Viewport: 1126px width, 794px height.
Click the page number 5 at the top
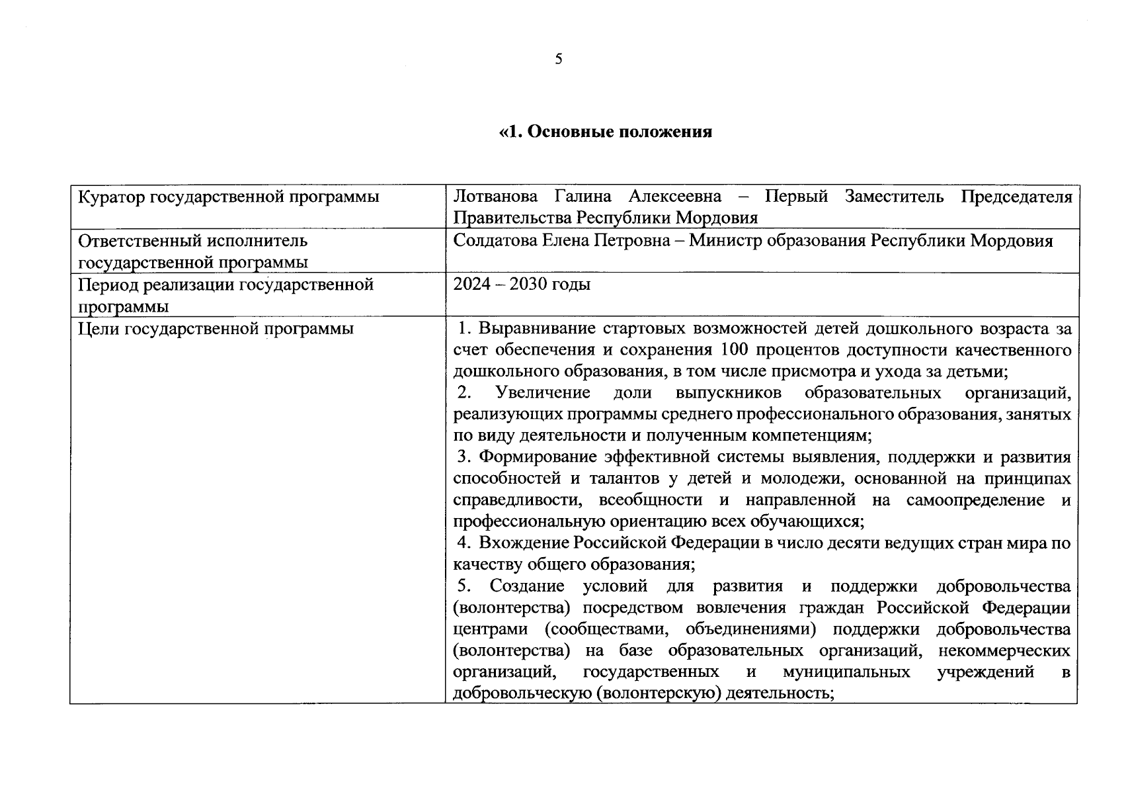559,60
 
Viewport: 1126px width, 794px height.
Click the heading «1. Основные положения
606,132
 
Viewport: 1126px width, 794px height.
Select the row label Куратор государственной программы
229,197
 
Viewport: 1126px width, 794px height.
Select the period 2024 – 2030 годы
522,285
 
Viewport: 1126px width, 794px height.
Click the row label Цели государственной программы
216,329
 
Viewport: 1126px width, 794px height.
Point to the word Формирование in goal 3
535,457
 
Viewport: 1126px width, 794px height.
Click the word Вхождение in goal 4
524,543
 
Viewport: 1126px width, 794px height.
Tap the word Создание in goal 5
526,586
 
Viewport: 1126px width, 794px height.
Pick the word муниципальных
846,672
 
